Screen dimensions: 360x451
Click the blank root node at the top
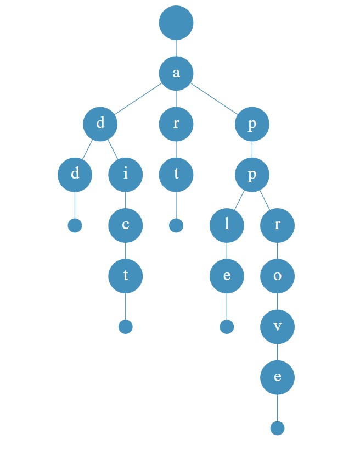176,23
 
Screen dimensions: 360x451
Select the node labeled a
176,73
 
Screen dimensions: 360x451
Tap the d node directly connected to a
100,124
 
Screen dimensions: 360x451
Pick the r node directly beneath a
176,124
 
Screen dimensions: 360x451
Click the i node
126,175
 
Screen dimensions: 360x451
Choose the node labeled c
126,225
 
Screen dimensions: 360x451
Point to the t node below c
126,276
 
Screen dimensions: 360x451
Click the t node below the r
176,175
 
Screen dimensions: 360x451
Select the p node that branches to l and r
252,175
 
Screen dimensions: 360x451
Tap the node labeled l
227,225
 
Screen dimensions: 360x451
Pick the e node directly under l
227,276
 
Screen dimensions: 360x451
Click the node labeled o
277,276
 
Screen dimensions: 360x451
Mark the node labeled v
277,326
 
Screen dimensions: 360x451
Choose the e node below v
277,377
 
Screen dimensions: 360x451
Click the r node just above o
277,225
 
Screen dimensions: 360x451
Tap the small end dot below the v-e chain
277,428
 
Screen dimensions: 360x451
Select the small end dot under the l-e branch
227,326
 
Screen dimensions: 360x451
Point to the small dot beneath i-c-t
126,326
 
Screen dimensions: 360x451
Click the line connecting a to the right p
214,98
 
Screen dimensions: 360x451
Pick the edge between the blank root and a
176,48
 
